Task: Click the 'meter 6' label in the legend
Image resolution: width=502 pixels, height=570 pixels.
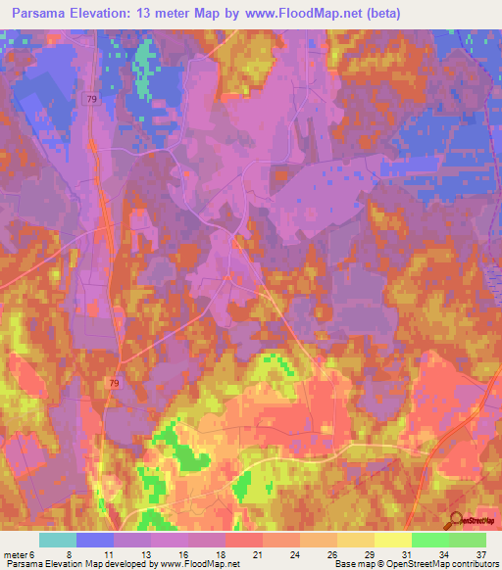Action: pos(20,553)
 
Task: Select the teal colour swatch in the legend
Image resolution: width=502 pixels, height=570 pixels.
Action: pos(58,540)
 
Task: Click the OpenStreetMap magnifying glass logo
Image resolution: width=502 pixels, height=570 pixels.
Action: pos(457,519)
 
